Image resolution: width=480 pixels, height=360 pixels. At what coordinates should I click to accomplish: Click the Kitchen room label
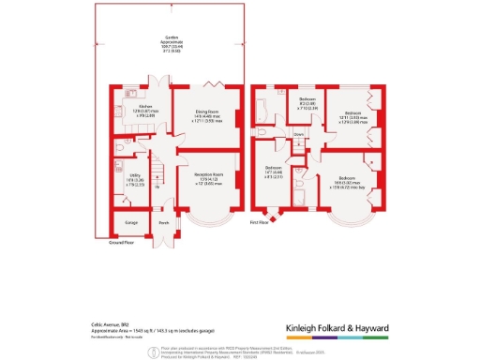[x=145, y=107]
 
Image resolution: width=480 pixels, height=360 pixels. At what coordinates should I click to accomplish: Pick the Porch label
[x=163, y=223]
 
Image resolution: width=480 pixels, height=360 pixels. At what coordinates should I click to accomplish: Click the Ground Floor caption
[x=112, y=242]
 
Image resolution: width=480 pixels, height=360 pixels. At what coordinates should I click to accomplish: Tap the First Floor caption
[x=258, y=223]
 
